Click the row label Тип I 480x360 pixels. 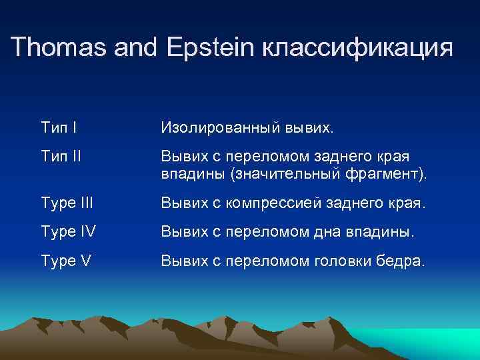tap(59, 127)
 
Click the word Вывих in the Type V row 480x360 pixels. tap(181, 261)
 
